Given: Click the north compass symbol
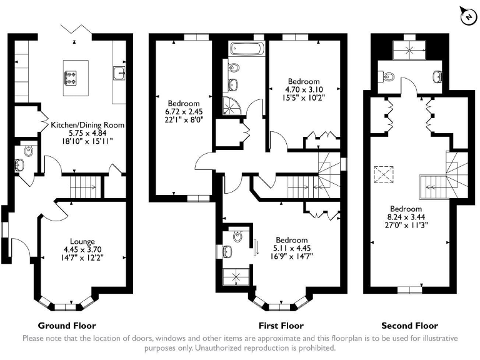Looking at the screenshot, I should (467, 17).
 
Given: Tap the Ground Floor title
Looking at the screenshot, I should (67, 326).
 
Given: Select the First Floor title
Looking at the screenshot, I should (281, 326).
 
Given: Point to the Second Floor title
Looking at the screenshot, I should (409, 326).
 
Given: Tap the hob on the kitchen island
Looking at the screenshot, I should (71, 77).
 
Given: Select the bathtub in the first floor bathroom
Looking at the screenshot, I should (248, 48).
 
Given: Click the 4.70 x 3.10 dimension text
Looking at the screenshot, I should (304, 89).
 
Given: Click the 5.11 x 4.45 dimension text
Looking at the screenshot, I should (292, 248).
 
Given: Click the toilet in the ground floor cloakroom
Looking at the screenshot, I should (27, 151).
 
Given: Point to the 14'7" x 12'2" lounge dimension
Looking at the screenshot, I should (82, 257).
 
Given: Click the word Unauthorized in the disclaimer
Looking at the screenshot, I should (221, 348).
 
